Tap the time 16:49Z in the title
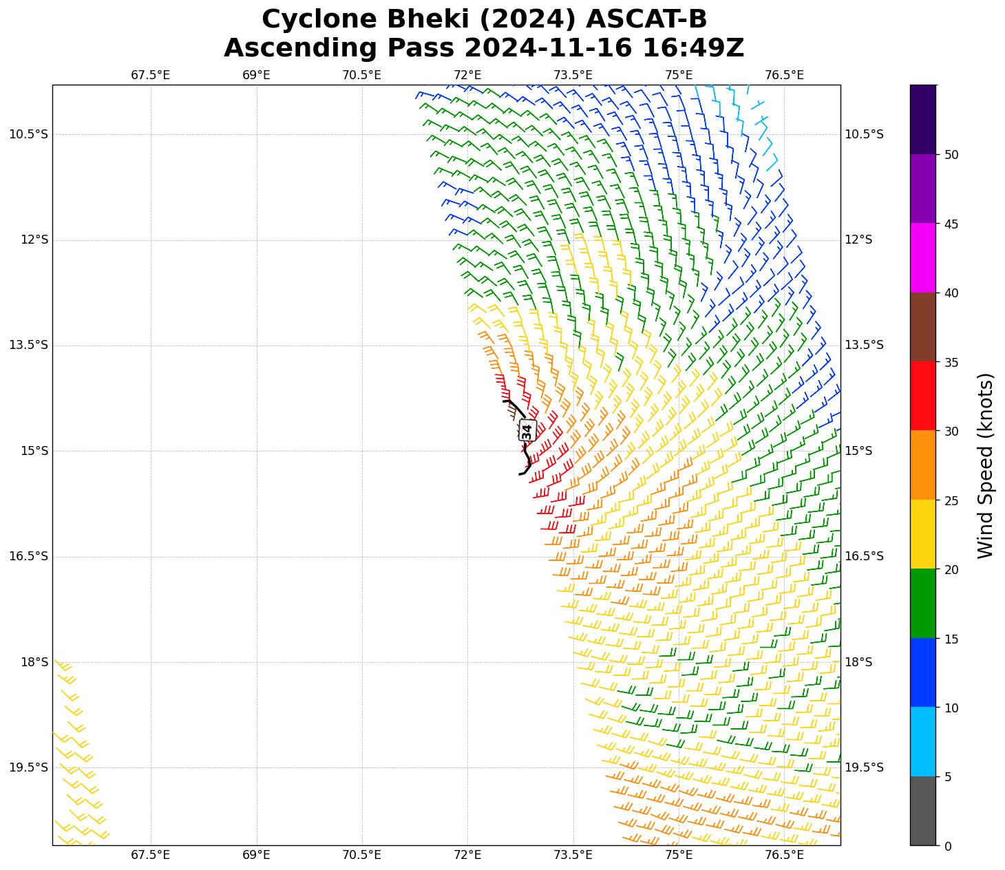693,48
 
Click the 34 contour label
527,431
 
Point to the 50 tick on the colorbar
951,155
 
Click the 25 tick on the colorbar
951,500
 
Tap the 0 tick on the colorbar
948,846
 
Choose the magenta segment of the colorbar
922,257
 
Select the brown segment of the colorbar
922,327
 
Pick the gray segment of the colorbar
922,811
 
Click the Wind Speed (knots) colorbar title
986,465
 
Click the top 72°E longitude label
467,75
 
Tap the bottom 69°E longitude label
256,856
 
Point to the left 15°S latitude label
29,451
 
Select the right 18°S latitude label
858,662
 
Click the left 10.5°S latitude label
29,134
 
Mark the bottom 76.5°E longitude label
784,856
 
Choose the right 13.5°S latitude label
864,346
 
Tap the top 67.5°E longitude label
151,75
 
